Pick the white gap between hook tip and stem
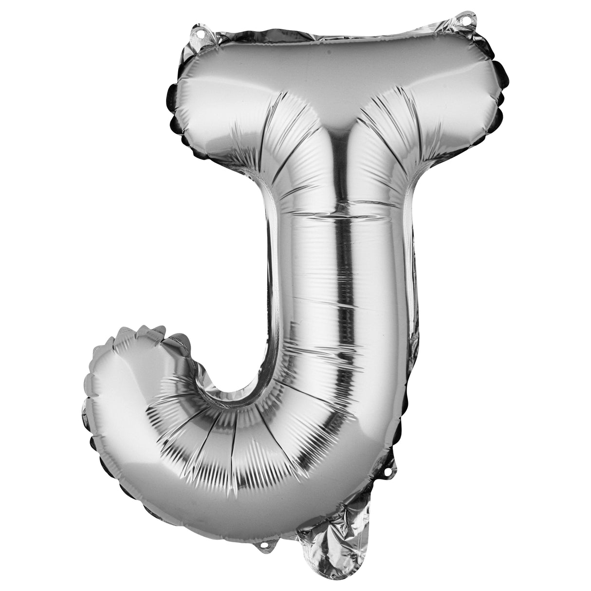coord(229,341)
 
